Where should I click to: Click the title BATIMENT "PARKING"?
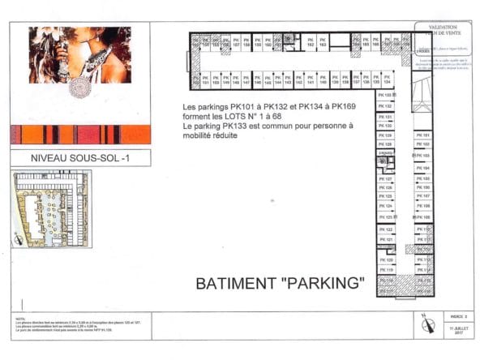click(x=281, y=285)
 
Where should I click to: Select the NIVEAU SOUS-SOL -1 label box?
click(x=79, y=158)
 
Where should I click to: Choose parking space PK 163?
click(x=322, y=45)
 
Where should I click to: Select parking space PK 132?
click(x=388, y=106)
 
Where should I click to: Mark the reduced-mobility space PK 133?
click(x=388, y=96)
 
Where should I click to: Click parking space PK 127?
click(x=388, y=179)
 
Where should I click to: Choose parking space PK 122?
click(x=388, y=230)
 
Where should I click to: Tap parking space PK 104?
click(x=423, y=168)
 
